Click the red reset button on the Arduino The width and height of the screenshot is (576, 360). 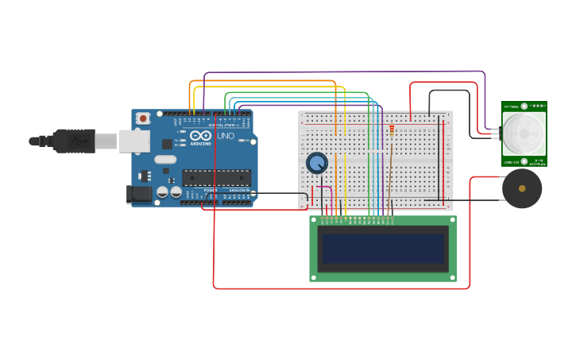pos(143,118)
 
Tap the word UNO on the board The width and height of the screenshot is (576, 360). pos(226,136)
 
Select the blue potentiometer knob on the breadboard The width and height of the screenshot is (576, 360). pos(317,163)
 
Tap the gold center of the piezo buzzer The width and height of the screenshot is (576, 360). pos(522,188)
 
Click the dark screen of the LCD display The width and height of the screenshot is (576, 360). pos(383,248)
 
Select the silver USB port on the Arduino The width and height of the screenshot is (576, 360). pos(134,141)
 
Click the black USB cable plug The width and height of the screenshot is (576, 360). pos(75,141)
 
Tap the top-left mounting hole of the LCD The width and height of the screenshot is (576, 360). pos(314,220)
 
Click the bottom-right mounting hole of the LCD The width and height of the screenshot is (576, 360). pos(452,277)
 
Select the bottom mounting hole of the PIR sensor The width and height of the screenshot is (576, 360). pos(524,161)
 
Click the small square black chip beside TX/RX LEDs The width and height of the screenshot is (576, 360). pos(167,144)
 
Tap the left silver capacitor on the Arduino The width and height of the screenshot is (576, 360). pos(162,192)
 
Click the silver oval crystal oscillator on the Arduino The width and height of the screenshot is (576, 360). pos(165,159)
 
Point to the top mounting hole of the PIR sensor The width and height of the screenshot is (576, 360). pos(524,105)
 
